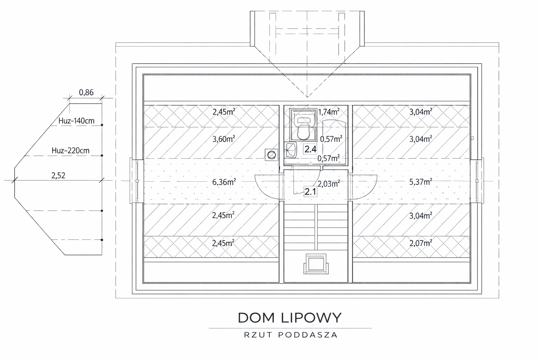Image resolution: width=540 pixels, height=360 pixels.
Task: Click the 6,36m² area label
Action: [x=224, y=182]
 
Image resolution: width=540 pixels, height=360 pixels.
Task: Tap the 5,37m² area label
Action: [x=421, y=182]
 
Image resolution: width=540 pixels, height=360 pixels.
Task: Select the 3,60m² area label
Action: [x=224, y=139]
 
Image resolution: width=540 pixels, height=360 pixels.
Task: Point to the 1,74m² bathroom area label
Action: [x=329, y=112]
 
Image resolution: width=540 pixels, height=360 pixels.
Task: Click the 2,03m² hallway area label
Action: [x=329, y=184]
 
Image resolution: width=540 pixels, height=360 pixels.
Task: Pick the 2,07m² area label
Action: [x=421, y=243]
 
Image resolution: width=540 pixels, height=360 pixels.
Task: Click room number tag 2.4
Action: [x=310, y=149]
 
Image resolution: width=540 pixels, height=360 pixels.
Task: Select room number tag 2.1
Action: [x=310, y=192]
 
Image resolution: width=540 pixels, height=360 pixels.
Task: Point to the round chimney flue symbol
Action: [x=271, y=155]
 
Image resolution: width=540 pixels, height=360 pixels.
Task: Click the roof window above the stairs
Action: [x=316, y=264]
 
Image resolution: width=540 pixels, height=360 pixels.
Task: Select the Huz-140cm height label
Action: [x=76, y=121]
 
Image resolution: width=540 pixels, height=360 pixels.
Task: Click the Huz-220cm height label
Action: [x=70, y=150]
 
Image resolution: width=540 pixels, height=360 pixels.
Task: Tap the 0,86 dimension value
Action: [x=86, y=92]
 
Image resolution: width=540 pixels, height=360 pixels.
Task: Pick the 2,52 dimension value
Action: [x=58, y=175]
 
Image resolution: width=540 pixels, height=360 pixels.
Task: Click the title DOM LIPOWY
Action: [x=290, y=317]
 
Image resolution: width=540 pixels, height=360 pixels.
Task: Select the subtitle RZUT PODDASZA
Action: [x=291, y=335]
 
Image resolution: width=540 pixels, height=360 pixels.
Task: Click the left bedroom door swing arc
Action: [x=261, y=191]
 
